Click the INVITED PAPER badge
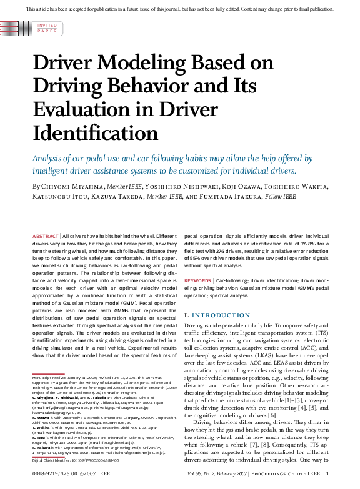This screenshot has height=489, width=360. click(x=47, y=27)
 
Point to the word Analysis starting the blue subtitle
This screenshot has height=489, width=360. click(x=49, y=157)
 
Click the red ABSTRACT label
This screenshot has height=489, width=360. click(x=46, y=235)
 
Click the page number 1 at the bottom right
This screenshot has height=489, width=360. click(x=336, y=474)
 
